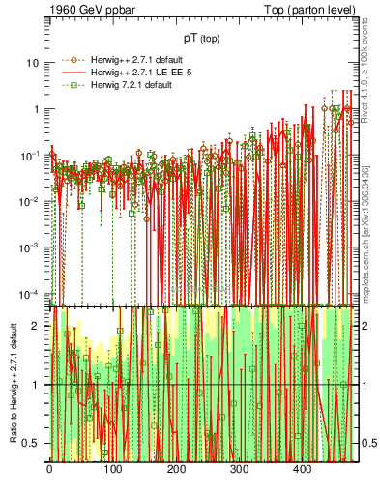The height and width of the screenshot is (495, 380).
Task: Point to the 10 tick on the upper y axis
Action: click(x=36, y=63)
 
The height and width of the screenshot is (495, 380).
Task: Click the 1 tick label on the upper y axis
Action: click(x=39, y=109)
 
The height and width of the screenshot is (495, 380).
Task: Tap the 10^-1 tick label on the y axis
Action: click(x=32, y=155)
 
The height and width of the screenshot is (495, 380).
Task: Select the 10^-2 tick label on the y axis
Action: click(x=32, y=201)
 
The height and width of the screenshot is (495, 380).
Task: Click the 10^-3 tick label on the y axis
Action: click(x=32, y=247)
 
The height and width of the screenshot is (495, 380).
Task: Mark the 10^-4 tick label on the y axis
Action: click(x=32, y=294)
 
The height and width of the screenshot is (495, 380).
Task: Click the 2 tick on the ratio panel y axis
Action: click(x=40, y=326)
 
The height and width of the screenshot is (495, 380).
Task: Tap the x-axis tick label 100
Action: click(x=112, y=469)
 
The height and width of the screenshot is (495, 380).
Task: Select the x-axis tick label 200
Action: click(x=176, y=469)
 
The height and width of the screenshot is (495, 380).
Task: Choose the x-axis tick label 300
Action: click(x=239, y=469)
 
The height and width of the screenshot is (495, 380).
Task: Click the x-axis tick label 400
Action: click(x=303, y=469)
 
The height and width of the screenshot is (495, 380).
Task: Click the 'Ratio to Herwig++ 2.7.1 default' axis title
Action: click(x=12, y=383)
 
